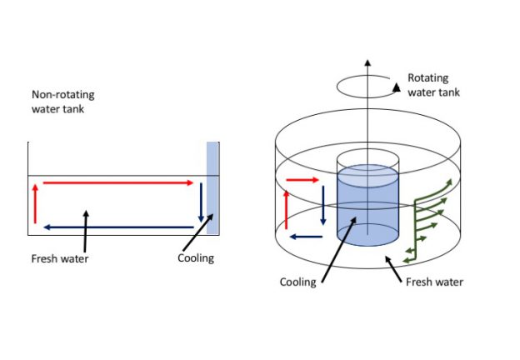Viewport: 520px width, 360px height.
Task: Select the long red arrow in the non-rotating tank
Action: pos(117,182)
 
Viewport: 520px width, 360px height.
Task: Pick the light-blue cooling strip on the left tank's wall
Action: pos(212,189)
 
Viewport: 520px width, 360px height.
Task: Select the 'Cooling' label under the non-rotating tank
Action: pos(196,258)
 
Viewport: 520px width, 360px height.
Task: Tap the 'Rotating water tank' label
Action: pos(434,84)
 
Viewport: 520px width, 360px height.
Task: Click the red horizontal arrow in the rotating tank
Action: pos(302,178)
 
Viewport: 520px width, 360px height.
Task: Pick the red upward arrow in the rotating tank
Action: pos(287,208)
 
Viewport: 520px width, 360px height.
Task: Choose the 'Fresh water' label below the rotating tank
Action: pos(434,282)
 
